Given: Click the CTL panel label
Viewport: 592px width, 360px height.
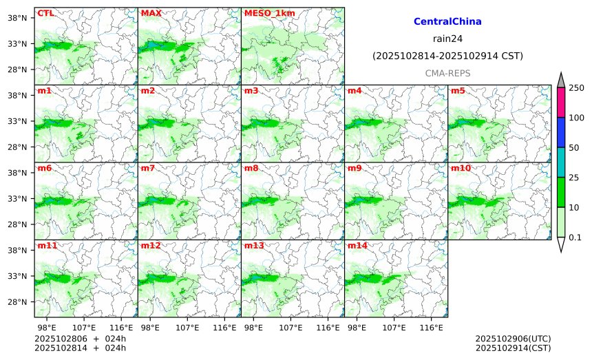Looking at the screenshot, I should tap(45, 13).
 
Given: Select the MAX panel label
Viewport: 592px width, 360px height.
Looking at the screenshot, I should tap(151, 13).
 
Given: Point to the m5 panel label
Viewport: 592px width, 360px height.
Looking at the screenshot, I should tap(458, 91).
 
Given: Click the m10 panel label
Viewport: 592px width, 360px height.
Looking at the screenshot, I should tap(461, 168).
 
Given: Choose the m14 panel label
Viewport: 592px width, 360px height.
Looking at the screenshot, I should tap(357, 246).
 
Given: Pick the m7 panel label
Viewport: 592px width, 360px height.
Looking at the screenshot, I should tap(148, 168).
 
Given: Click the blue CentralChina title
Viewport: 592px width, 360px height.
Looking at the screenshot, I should tap(447, 22).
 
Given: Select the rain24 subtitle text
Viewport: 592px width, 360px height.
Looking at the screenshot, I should tap(447, 39).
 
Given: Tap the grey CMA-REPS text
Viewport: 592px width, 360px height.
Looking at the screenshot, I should tap(447, 73).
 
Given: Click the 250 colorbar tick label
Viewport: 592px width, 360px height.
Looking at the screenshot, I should tap(576, 87).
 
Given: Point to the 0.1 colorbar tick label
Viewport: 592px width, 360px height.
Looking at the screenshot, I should tap(576, 237).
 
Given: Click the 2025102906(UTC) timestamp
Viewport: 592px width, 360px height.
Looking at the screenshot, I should tap(513, 339).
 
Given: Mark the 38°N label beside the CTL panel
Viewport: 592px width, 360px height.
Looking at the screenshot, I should tap(16, 18).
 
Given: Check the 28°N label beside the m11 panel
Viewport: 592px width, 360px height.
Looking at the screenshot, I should tap(16, 302).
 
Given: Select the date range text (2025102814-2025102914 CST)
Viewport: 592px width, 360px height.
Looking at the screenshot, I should tap(447, 56).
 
